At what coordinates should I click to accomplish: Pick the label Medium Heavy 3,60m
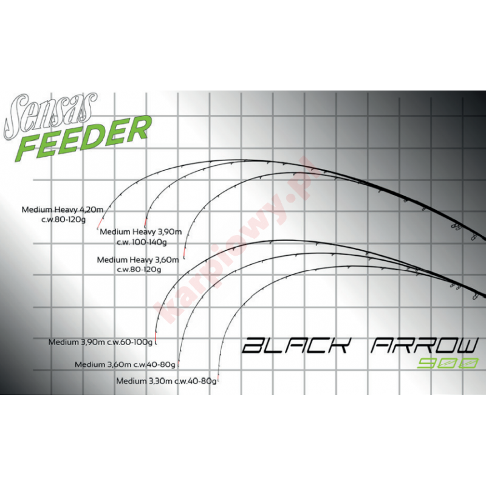138,259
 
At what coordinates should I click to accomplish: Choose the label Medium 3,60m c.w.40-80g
125,364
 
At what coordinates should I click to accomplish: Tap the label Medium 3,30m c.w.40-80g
166,382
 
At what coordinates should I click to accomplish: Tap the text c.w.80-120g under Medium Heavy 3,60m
138,269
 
